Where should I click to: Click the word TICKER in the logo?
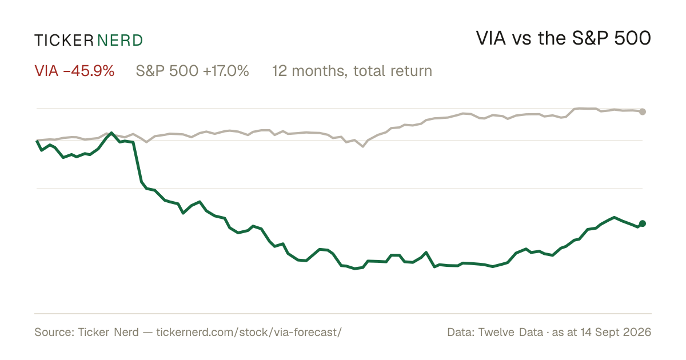64,41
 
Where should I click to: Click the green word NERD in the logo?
120,41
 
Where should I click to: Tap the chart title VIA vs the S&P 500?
564,38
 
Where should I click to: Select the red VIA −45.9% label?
74,71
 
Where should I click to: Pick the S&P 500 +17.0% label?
192,71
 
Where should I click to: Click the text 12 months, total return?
352,71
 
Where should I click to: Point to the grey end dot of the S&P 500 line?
643,112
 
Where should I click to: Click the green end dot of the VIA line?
643,224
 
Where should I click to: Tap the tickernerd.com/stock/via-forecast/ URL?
249,332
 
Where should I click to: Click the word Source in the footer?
53,332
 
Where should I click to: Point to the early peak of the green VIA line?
111,133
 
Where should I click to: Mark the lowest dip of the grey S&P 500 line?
363,147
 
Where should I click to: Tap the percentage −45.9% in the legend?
89,71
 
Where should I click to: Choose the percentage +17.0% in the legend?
226,71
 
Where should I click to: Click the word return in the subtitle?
412,71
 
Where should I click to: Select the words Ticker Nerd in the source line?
109,332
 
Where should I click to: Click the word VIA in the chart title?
491,38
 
